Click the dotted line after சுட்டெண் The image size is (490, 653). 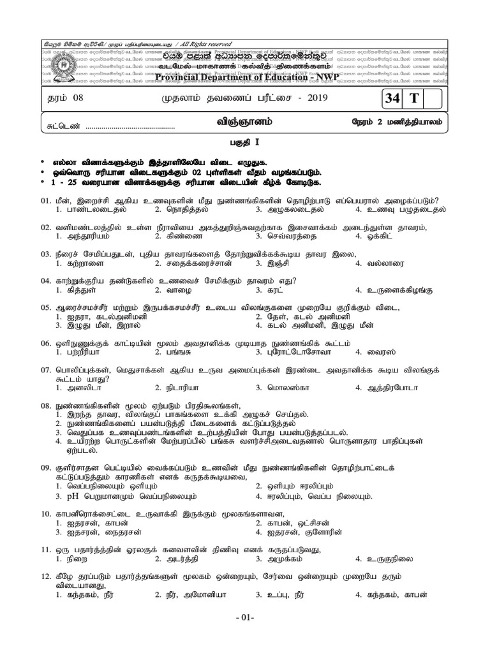(x=130, y=127)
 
